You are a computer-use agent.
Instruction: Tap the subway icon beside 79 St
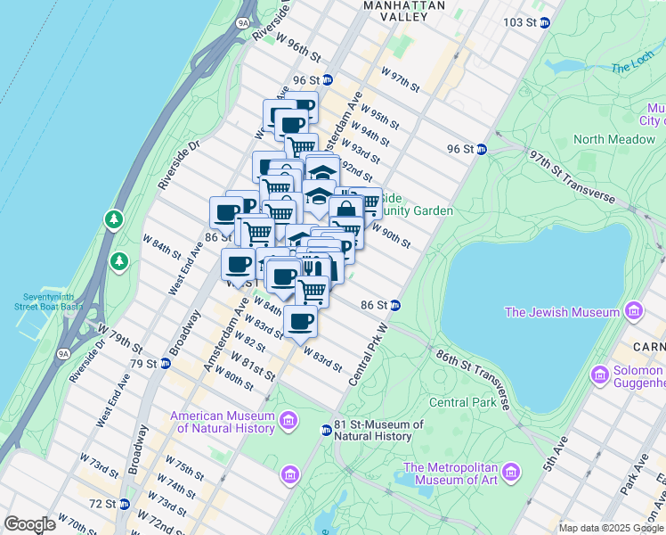(165, 363)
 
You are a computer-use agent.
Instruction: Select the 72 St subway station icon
(124, 504)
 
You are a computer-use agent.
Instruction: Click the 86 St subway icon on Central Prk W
(394, 305)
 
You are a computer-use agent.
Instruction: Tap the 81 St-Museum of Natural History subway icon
(327, 431)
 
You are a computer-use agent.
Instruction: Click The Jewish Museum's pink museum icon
(633, 312)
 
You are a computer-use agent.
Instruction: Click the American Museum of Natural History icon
(288, 420)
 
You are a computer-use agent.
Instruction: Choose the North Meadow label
(614, 139)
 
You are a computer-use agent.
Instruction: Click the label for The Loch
(632, 68)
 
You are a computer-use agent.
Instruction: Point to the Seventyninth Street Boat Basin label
(48, 301)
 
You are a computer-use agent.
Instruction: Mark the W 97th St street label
(400, 78)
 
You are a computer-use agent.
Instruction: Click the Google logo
(29, 524)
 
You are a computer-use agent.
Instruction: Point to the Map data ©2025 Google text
(610, 528)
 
